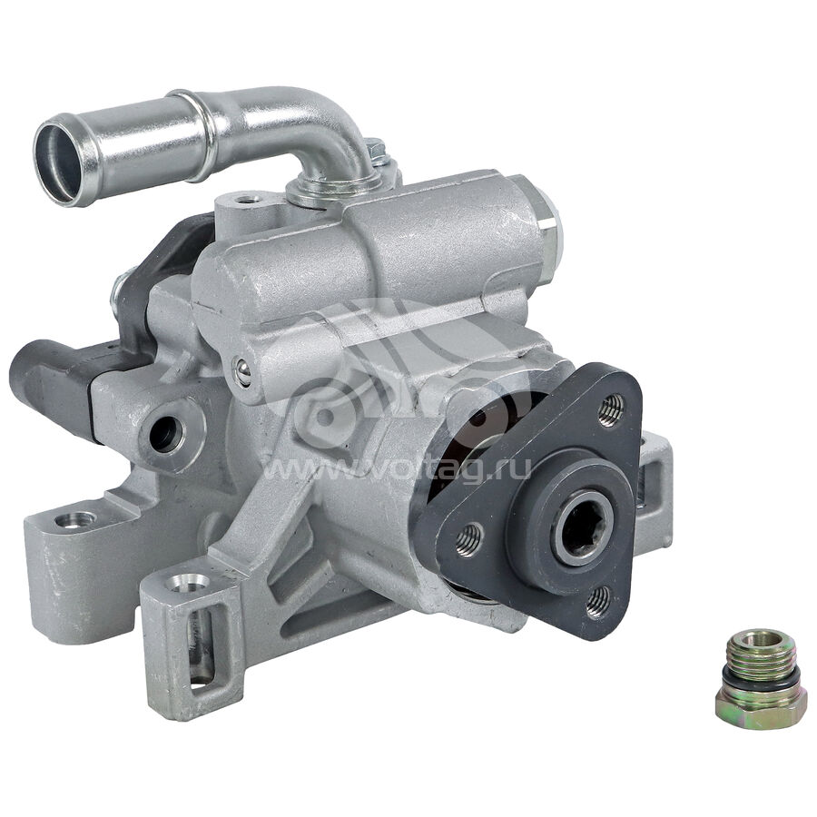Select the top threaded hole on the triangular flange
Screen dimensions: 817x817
pos(611,410)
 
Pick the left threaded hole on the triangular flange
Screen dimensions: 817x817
pos(468,540)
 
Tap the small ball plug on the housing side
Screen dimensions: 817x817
pos(242,372)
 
